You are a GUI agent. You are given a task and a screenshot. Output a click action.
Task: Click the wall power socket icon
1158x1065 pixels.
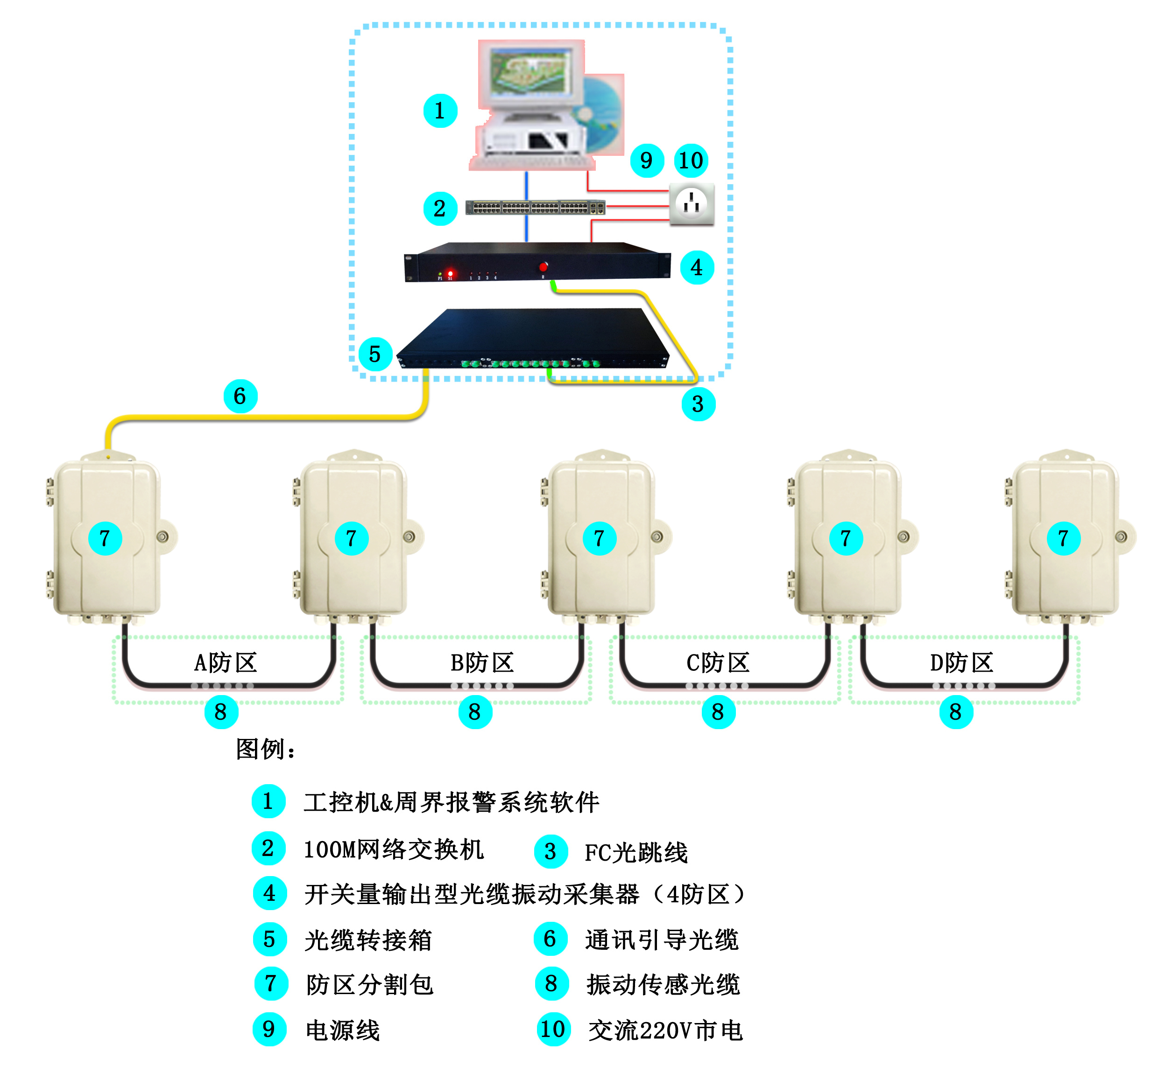pos(691,204)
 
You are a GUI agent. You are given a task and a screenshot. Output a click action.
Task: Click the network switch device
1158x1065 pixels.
pos(535,208)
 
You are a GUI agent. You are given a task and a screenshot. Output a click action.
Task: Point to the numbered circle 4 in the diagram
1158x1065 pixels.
pos(697,267)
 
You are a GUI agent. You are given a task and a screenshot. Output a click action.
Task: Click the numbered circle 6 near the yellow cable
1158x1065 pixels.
pos(240,396)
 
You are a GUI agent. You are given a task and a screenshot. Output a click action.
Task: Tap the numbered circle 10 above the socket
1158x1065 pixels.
pos(691,160)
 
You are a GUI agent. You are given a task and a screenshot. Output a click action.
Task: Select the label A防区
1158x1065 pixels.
pos(225,663)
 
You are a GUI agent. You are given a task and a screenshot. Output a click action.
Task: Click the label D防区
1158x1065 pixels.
pos(961,663)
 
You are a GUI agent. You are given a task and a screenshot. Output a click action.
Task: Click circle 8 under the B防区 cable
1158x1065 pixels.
pos(474,712)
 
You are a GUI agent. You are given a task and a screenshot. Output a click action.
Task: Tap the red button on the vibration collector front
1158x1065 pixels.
pos(543,267)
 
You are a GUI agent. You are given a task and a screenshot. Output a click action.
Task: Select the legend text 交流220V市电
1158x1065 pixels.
pos(665,1030)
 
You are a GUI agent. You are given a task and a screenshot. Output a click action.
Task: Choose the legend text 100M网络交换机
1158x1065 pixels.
pos(393,849)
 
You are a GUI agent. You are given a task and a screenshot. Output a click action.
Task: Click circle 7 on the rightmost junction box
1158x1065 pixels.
pos(1063,538)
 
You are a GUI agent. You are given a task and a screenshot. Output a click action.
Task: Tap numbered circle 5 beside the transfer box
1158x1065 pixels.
pos(375,354)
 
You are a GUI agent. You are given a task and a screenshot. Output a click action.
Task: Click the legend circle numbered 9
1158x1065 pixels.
pos(269,1029)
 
